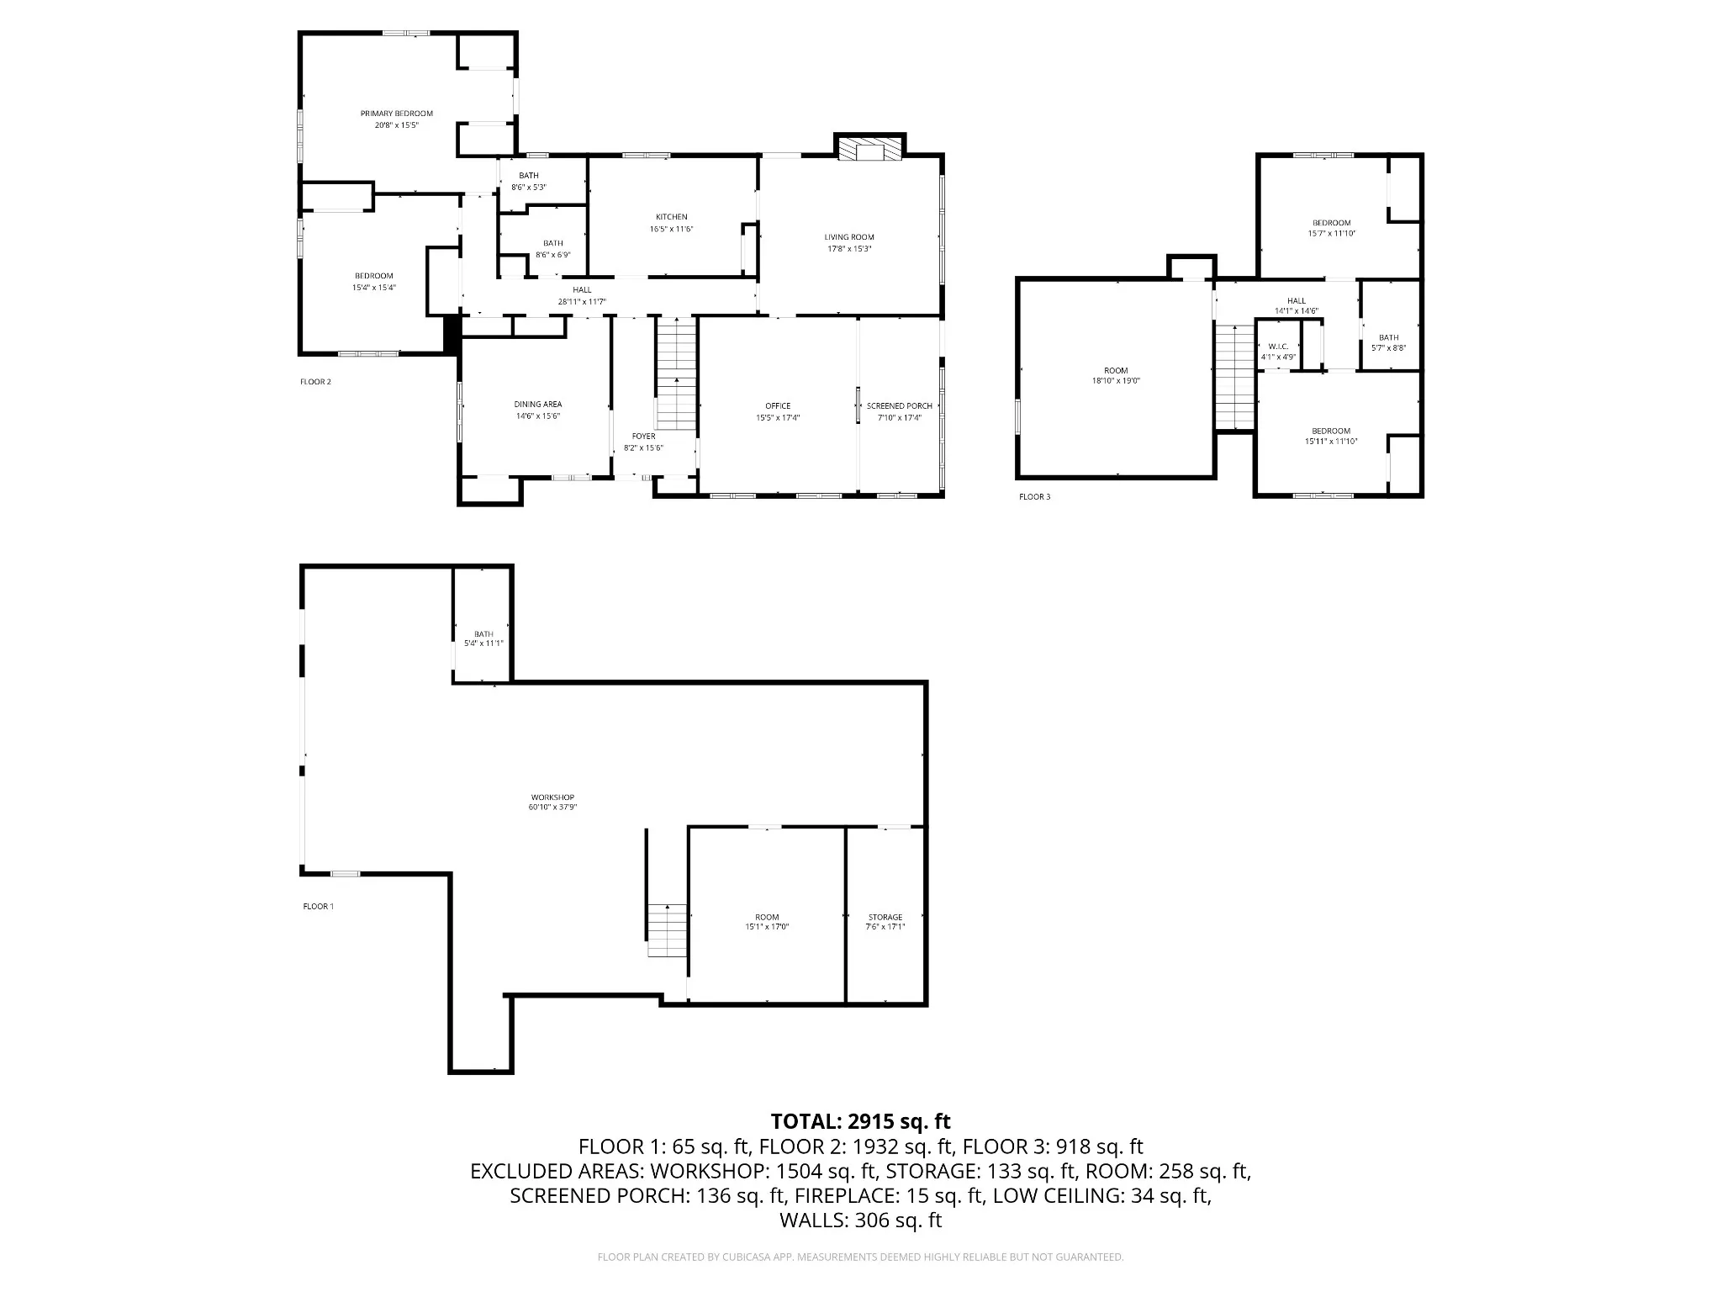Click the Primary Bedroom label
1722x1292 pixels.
click(x=396, y=114)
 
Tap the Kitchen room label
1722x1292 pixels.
click(x=671, y=217)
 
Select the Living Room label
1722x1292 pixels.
click(x=848, y=237)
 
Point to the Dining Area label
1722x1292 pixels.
click(x=537, y=405)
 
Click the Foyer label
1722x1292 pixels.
click(x=643, y=437)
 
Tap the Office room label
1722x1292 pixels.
click(x=778, y=406)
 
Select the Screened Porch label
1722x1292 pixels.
click(x=899, y=406)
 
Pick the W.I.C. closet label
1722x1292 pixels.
click(x=1278, y=347)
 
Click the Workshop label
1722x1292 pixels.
click(x=552, y=797)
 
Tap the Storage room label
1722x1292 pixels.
click(x=885, y=918)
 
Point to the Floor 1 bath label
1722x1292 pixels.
click(x=483, y=634)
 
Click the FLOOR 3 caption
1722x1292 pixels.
click(x=1034, y=497)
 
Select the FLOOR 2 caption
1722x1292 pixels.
click(x=315, y=382)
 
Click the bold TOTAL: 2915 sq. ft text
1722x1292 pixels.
click(x=860, y=1121)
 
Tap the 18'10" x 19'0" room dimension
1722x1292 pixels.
click(x=1116, y=381)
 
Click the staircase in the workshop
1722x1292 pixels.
click(x=667, y=935)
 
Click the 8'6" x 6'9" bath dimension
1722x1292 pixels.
click(x=552, y=255)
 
